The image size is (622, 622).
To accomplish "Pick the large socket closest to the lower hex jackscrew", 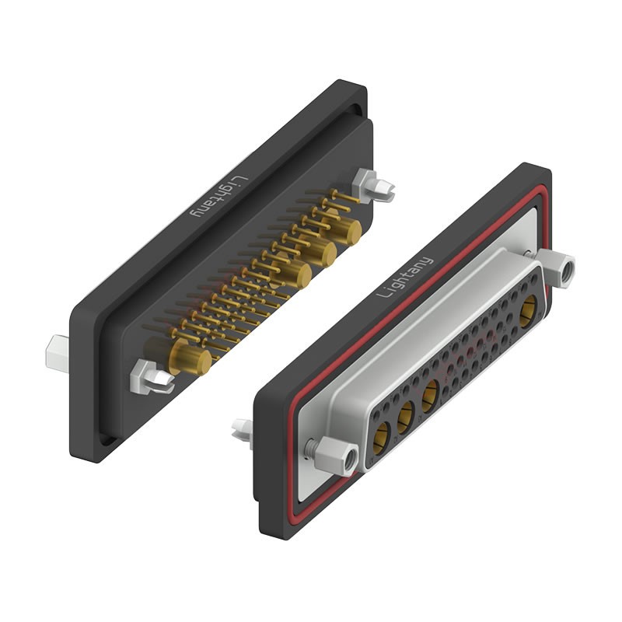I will point(382,441).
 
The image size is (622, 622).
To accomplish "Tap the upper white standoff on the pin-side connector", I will point(372,185).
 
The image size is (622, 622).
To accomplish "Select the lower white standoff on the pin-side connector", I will point(152,376).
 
